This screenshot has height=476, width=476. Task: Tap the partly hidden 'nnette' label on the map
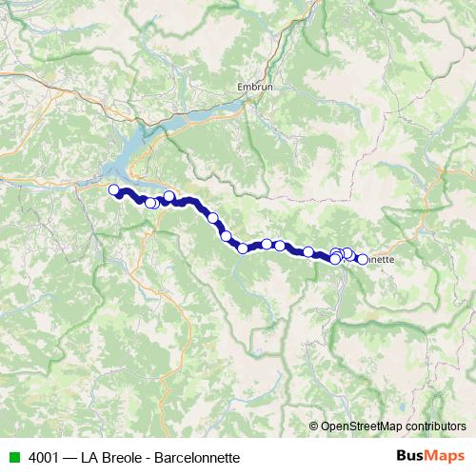[x=381, y=258]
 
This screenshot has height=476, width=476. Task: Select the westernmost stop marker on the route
[x=114, y=189]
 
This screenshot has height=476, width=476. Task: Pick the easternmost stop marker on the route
[x=363, y=259]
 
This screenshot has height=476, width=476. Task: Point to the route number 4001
[x=40, y=457]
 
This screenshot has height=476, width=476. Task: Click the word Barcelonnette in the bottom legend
[x=201, y=457]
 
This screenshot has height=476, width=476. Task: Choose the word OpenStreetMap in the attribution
[x=361, y=426]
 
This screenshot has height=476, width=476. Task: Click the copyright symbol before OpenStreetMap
[x=315, y=426]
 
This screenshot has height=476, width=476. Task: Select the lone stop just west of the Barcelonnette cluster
[x=308, y=252]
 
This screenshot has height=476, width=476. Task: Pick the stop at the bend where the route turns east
[x=243, y=248]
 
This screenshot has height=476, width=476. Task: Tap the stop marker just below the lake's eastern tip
[x=169, y=197]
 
